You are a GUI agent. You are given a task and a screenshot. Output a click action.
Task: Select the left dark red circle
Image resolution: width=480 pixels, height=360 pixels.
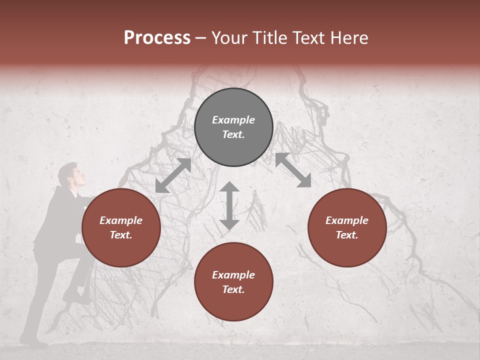121,227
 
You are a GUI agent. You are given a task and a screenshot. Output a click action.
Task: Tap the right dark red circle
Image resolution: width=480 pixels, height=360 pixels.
347,227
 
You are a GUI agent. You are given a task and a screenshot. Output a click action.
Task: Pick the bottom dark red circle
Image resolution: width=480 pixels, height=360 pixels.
233,282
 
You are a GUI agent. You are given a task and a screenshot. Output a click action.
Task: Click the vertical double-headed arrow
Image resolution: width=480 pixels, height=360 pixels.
229,205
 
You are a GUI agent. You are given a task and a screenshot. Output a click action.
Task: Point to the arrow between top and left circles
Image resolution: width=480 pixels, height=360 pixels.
173,175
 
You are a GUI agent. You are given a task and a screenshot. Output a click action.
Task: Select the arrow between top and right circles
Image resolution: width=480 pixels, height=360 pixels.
293,170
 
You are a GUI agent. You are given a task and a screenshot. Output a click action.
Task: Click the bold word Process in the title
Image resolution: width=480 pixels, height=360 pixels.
157,38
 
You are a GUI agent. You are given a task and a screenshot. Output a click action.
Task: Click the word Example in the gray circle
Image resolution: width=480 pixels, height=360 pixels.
233,120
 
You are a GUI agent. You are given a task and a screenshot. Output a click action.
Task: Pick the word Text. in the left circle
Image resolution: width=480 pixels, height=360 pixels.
121,235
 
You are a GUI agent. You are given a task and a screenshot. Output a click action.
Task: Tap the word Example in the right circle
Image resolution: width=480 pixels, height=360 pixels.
347,220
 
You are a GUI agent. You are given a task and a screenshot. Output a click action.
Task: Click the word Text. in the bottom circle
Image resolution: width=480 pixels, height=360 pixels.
233,289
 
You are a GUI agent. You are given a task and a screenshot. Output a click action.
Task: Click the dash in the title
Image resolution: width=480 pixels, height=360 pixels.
201,38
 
